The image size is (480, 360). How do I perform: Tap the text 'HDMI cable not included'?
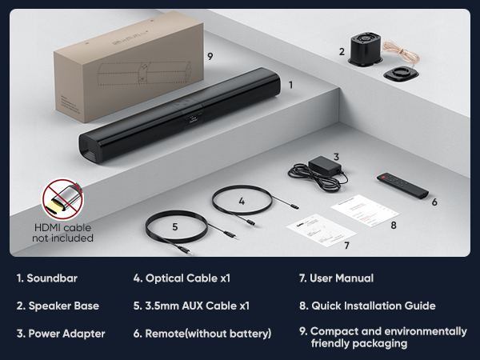click(62, 233)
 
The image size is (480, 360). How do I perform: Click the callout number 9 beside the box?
click(210, 56)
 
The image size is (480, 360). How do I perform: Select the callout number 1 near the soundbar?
click(290, 83)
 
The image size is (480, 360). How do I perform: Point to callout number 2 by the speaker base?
click(342, 52)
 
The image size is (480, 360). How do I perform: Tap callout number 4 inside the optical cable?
click(241, 202)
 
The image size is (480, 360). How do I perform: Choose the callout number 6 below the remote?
click(434, 202)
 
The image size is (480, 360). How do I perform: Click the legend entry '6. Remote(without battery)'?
click(202, 333)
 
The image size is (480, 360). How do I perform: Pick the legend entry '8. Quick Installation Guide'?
click(366, 305)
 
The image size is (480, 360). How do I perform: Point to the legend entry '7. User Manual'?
click(335, 278)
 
